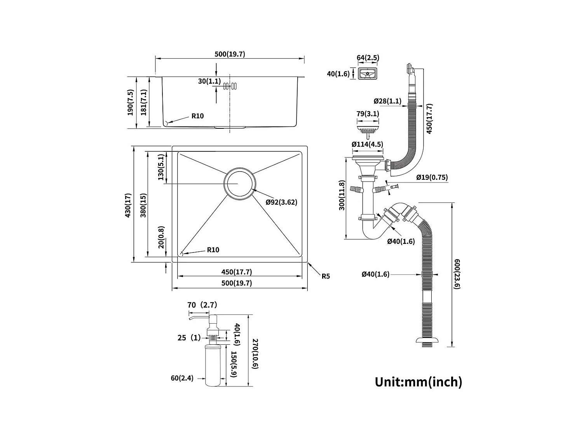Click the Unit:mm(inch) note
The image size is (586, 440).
419,382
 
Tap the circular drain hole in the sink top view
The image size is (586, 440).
239,184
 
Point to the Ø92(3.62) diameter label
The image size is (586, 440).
281,202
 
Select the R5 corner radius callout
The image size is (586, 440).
326,276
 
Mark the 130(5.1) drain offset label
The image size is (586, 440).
161,167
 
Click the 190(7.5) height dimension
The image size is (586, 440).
130,102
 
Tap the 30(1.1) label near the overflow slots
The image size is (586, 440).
209,81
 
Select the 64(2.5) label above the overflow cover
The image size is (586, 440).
368,58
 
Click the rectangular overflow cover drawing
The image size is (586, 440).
367,74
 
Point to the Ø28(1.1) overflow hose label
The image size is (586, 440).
387,101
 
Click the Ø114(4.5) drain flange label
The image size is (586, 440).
367,144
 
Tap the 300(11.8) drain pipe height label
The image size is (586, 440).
342,195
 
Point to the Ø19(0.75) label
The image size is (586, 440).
432,177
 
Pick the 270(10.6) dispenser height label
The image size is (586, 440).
255,354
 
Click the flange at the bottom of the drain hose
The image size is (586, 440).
427,341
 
